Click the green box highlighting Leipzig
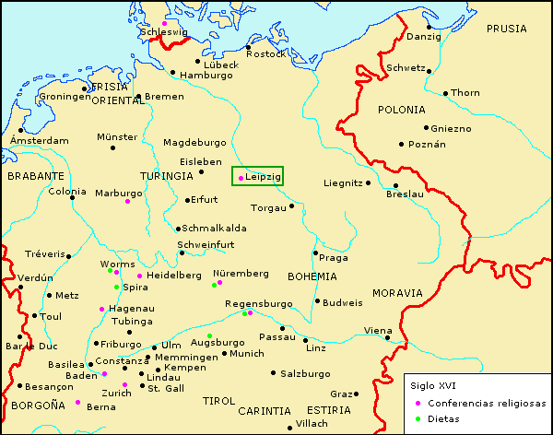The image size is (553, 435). pyautogui.click(x=257, y=176)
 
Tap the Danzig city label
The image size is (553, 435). pyautogui.click(x=424, y=37)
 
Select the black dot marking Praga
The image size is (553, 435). pyautogui.click(x=315, y=253)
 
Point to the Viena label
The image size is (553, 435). pyautogui.click(x=377, y=330)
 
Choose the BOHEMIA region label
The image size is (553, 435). pyautogui.click(x=312, y=276)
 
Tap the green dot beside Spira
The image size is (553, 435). pyautogui.click(x=116, y=288)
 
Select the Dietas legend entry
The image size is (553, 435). pyautogui.click(x=444, y=418)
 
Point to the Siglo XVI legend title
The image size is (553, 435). pyautogui.click(x=431, y=385)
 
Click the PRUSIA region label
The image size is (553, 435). pyautogui.click(x=506, y=29)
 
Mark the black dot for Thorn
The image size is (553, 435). pyautogui.click(x=444, y=92)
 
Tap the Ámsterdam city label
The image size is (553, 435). pyautogui.click(x=38, y=140)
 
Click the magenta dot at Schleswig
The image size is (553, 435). pyautogui.click(x=165, y=23)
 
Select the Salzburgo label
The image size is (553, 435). pyautogui.click(x=306, y=373)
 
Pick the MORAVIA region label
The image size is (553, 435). pyautogui.click(x=397, y=292)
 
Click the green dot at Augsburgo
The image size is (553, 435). pyautogui.click(x=209, y=335)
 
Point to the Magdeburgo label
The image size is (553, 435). pyautogui.click(x=194, y=143)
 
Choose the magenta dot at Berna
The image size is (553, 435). pyautogui.click(x=77, y=403)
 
